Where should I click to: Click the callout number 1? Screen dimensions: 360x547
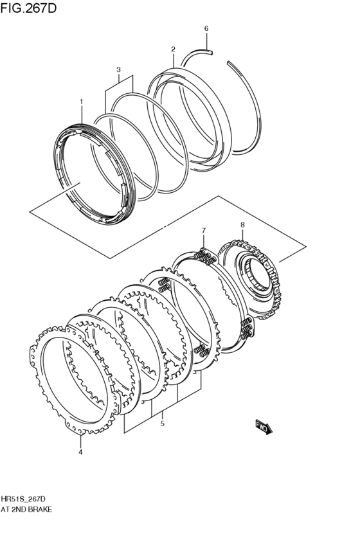tap(81, 102)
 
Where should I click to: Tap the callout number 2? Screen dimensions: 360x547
tap(173, 49)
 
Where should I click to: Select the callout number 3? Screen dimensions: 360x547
tap(118, 70)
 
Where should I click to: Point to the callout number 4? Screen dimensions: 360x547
tap(80, 452)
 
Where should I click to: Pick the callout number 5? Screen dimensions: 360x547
tap(162, 424)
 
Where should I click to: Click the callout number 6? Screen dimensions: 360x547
tap(206, 29)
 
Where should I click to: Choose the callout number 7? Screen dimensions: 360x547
tap(204, 230)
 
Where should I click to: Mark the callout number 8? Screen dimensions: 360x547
tap(242, 225)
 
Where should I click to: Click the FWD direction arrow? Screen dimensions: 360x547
tap(264, 427)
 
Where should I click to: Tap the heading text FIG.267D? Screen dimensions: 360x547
tap(28, 8)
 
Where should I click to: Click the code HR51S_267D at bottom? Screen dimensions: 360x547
tap(23, 499)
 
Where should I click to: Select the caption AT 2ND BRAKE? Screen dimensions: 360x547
tap(26, 509)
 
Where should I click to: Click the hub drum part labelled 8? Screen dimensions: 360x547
tap(250, 279)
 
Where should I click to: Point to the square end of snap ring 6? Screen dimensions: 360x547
tap(210, 53)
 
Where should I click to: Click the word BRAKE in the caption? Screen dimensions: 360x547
tap(40, 509)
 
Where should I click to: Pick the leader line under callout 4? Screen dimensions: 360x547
tap(80, 442)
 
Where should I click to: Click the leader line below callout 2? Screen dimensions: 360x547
tap(173, 60)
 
